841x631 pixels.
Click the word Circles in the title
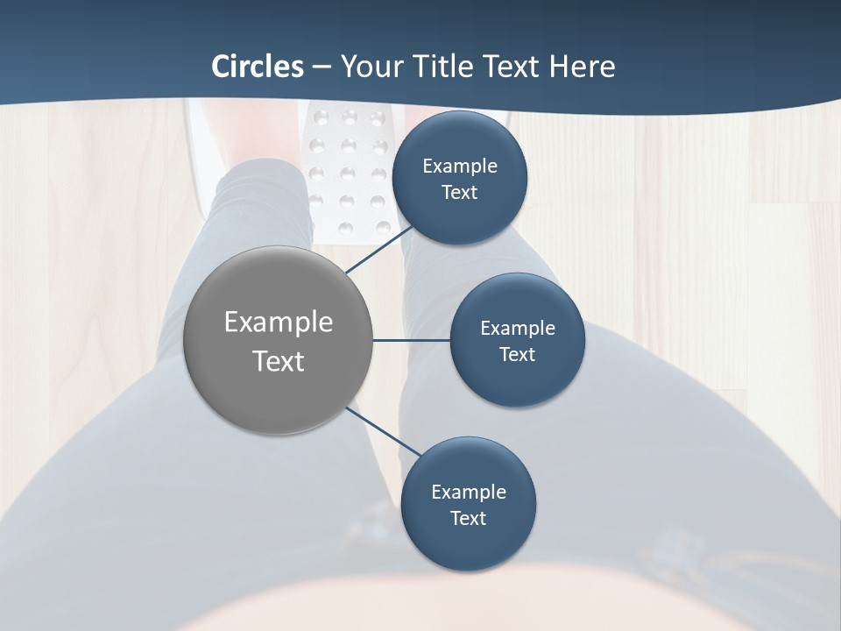pos(258,67)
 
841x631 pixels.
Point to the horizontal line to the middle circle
pos(412,340)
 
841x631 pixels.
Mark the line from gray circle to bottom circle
pos(383,431)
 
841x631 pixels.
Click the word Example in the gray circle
pos(279,323)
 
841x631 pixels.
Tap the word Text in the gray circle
pos(279,361)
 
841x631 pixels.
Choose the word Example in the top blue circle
pos(460,167)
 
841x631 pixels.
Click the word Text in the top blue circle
pos(460,193)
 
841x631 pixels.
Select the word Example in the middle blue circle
pos(518,329)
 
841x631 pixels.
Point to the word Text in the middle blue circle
pos(518,355)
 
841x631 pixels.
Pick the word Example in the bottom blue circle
pos(469,493)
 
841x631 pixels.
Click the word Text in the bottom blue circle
pos(469,519)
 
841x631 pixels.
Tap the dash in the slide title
pos(321,67)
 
